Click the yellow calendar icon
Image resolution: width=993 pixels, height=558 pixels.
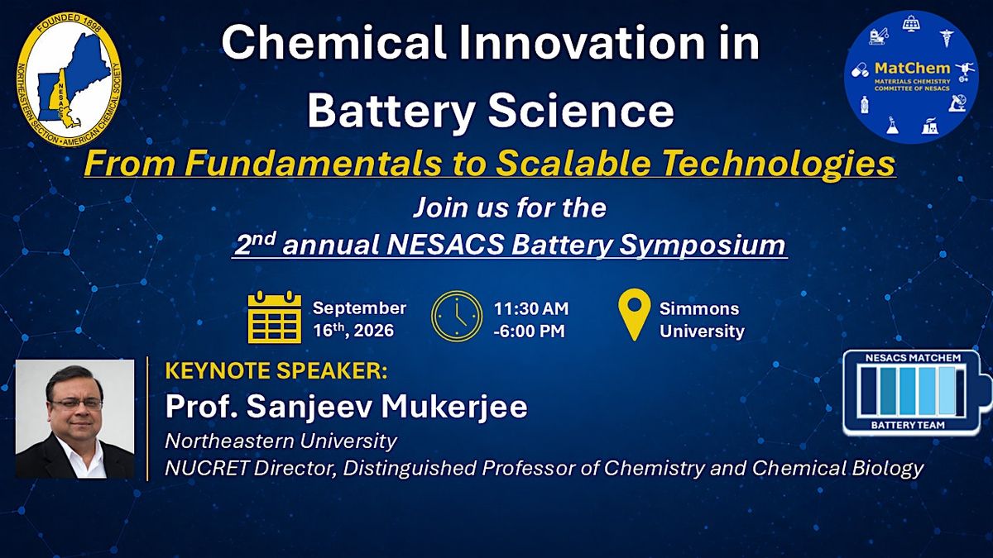click(275, 317)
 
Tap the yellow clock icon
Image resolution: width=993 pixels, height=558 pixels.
click(457, 316)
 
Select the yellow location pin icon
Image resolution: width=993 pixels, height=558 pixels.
click(635, 314)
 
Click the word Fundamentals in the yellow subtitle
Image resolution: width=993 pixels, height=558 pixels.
click(314, 163)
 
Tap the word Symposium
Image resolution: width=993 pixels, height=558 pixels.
click(703, 245)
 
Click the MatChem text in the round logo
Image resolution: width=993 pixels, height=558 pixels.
click(912, 68)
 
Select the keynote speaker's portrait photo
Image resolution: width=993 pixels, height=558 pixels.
click(75, 418)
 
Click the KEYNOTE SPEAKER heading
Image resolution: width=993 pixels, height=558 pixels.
click(276, 371)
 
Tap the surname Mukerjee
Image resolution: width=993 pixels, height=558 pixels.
click(454, 407)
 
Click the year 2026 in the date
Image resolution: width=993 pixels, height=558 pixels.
click(373, 331)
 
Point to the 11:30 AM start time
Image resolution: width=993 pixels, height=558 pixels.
click(531, 308)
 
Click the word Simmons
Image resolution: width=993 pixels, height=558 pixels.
click(699, 308)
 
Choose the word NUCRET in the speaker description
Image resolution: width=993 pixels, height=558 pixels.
click(206, 468)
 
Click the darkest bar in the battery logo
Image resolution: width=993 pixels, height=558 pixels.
click(868, 390)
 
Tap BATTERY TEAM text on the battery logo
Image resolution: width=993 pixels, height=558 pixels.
click(908, 425)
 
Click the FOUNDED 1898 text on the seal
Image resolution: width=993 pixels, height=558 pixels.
click(69, 22)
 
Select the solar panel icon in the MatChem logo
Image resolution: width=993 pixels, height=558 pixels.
click(910, 23)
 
